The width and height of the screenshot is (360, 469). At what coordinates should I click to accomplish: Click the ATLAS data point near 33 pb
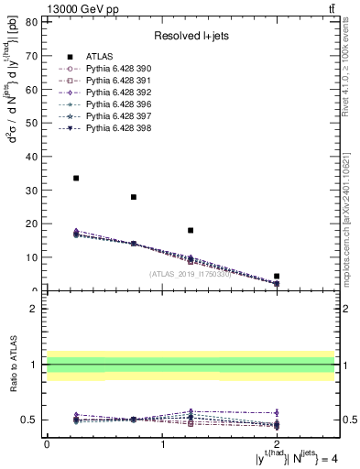coord(76,178)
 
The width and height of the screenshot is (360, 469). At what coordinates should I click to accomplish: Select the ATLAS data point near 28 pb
coord(134,197)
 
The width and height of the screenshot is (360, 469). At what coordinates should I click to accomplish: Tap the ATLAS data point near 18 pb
coord(191,231)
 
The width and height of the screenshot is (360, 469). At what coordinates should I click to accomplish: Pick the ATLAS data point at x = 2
coord(277,276)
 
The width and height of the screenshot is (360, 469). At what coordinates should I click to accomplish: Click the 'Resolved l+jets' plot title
coord(190,37)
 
